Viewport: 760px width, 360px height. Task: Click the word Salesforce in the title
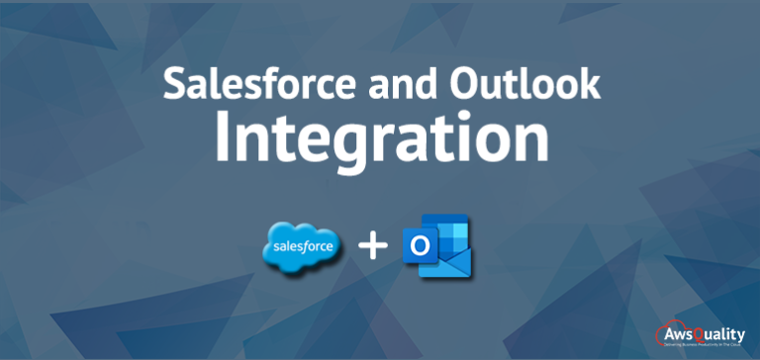pyautogui.click(x=252, y=85)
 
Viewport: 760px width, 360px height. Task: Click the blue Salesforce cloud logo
pyautogui.click(x=302, y=244)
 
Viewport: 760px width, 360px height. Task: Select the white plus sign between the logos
pyautogui.click(x=371, y=244)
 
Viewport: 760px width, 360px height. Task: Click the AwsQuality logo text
pyautogui.click(x=706, y=332)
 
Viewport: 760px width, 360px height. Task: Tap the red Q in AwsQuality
pyautogui.click(x=695, y=332)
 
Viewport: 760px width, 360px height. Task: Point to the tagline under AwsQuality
pyautogui.click(x=705, y=344)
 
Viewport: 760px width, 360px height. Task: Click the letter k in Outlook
pyautogui.click(x=588, y=85)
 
